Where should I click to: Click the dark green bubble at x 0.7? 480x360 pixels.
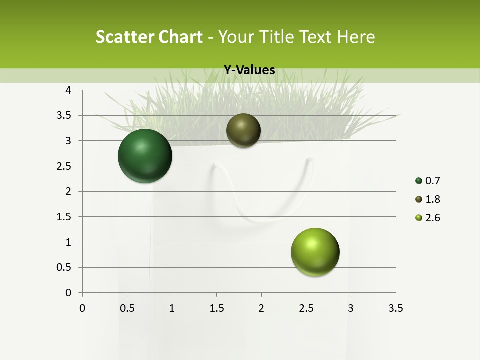145,156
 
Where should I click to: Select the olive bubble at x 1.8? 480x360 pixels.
243,130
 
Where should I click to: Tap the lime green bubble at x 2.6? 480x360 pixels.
315,252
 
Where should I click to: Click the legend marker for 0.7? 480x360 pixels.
419,181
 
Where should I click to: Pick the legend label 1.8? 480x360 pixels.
433,199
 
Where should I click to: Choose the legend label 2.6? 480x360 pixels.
433,218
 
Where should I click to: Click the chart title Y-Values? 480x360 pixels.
249,70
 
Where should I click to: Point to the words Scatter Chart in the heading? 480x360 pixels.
149,37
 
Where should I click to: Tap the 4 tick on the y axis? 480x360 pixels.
69,90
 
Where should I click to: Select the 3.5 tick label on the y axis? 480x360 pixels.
64,115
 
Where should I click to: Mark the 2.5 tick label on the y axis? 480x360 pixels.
64,166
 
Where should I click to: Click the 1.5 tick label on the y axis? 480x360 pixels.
64,217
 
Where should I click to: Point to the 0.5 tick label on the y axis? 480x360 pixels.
64,267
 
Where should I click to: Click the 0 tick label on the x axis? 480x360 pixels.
82,308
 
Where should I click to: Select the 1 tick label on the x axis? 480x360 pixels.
172,308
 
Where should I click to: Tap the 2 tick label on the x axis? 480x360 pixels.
261,308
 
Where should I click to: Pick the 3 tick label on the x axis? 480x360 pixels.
351,308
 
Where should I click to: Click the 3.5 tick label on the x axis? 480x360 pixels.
395,308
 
